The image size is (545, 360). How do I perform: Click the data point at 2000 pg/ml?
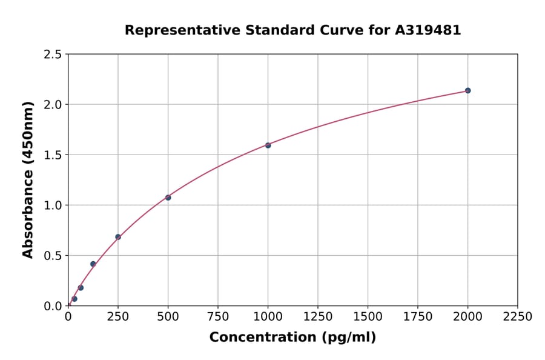click(467, 91)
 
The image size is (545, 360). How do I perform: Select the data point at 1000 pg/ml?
click(268, 145)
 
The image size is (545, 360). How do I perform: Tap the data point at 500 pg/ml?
click(168, 198)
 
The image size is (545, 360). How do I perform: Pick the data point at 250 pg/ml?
click(118, 237)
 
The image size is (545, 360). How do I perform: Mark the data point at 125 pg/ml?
click(93, 264)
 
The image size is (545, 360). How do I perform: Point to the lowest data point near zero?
click(74, 299)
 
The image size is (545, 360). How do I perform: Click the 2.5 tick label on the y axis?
click(53, 55)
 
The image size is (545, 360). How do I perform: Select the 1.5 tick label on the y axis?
click(53, 155)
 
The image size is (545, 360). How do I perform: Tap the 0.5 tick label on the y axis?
click(53, 256)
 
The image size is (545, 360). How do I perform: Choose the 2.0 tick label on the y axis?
click(53, 105)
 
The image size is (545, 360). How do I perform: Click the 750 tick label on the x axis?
click(218, 316)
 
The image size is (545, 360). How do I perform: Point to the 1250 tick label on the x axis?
click(318, 316)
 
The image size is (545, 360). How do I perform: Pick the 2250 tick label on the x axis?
click(518, 316)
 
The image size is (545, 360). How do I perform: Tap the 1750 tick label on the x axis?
click(418, 316)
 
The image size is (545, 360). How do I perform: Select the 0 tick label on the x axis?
click(68, 316)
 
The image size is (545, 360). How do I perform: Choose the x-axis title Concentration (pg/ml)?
click(292, 338)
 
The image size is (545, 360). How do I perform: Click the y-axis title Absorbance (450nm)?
click(28, 179)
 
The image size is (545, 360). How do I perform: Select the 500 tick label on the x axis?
click(168, 316)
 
